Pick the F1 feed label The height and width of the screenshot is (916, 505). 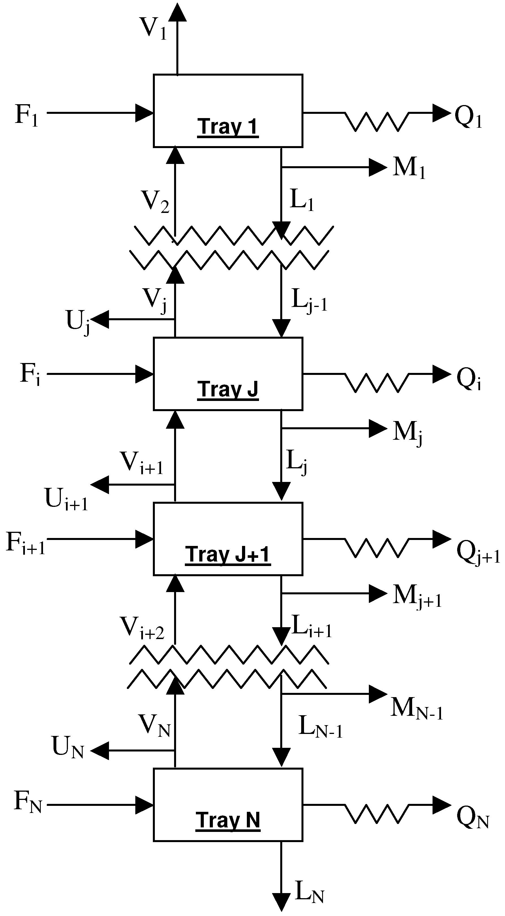(26, 115)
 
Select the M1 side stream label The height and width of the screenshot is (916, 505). (409, 168)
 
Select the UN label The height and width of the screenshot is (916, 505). (68, 746)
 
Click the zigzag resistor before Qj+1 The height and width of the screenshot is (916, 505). (377, 548)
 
